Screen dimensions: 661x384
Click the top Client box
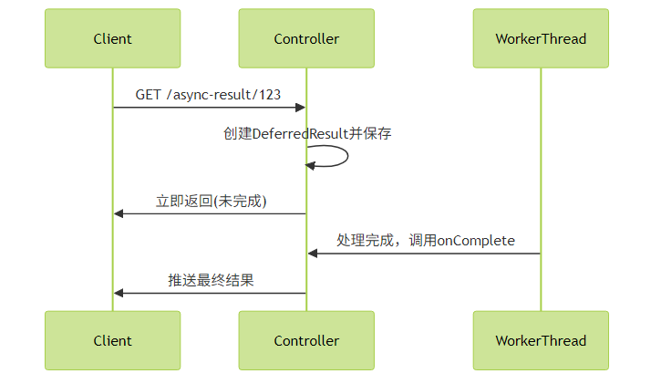point(112,38)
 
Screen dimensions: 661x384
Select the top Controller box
point(306,38)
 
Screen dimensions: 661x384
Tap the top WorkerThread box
point(541,38)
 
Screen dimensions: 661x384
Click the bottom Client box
point(112,340)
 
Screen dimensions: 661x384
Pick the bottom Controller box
point(306,340)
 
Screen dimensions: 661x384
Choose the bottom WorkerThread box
point(541,340)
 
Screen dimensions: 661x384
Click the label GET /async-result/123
point(208,95)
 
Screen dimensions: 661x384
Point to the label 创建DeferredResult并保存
point(307,133)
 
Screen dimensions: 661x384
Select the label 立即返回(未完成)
point(212,201)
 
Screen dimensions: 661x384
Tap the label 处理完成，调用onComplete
point(426,240)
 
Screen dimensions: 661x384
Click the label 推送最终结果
point(211,280)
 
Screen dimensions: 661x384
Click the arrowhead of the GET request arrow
point(301,108)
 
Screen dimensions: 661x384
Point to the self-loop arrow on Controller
point(347,156)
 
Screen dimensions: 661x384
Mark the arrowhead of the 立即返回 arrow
point(119,213)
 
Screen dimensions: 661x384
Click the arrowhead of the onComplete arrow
point(313,254)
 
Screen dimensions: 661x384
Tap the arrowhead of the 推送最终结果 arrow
point(119,293)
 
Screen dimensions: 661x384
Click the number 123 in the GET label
point(270,95)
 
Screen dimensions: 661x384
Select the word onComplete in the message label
point(476,241)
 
